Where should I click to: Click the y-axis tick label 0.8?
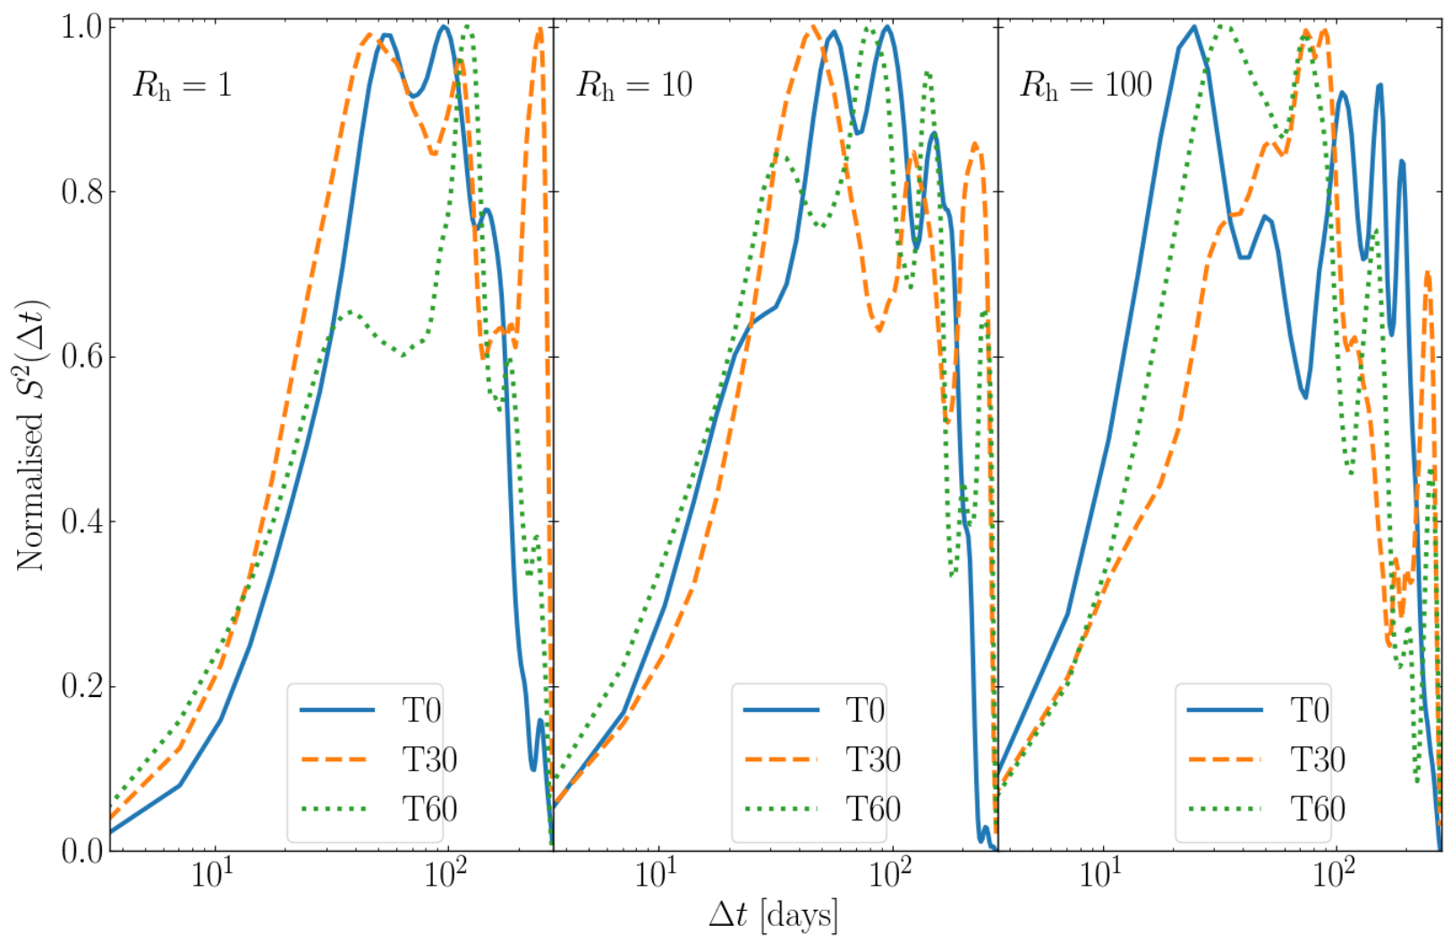82,192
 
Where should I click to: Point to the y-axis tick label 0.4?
82,522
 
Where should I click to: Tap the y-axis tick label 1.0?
82,28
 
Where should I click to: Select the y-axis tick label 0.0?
82,851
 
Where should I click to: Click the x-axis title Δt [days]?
774,915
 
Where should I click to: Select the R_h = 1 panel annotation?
182,85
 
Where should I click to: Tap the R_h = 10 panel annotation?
634,85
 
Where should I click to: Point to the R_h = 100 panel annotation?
1086,85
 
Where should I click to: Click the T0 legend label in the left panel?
421,710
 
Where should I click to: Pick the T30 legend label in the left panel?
429,759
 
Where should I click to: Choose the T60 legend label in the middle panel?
873,808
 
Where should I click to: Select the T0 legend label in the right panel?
1310,710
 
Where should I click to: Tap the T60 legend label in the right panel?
1318,808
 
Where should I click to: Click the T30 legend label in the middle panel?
873,759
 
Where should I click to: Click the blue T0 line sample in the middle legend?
781,710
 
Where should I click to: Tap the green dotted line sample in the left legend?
336,809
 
